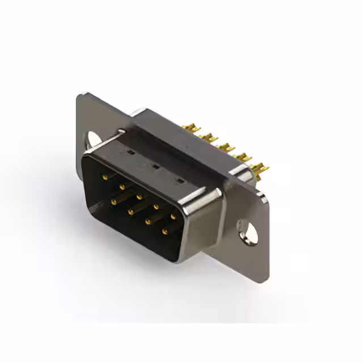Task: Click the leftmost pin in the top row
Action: pos(104,177)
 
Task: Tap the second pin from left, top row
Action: pos(121,187)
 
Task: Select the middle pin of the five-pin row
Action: pos(138,196)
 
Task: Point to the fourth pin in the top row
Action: pos(156,206)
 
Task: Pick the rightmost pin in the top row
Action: pos(173,216)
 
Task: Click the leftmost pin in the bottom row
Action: pos(113,201)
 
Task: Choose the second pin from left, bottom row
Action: pos(130,212)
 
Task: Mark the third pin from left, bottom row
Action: pos(148,222)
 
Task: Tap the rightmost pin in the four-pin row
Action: pos(165,231)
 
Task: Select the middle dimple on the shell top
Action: pos(154,167)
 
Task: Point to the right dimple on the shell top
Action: pos(180,181)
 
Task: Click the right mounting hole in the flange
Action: pos(248,232)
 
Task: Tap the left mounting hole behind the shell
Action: pos(92,138)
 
